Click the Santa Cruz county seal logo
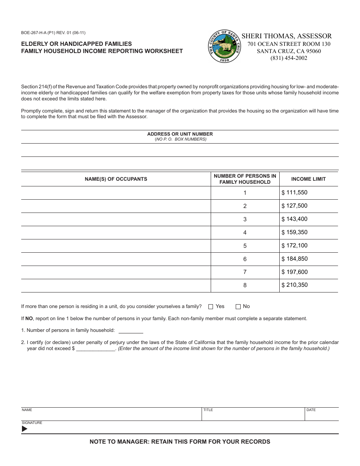(225, 47)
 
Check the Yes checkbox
(211, 306)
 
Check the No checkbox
(238, 306)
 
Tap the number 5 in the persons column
(245, 246)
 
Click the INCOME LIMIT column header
(308, 179)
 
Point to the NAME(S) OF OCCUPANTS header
(116, 179)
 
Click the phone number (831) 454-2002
(289, 58)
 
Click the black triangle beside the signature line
(25, 429)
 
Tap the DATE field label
(311, 410)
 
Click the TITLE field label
(208, 410)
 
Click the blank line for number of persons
(131, 330)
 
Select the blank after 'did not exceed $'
(96, 349)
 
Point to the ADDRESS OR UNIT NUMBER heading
(180, 134)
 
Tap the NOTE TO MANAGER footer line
(180, 441)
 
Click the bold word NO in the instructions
(29, 319)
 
